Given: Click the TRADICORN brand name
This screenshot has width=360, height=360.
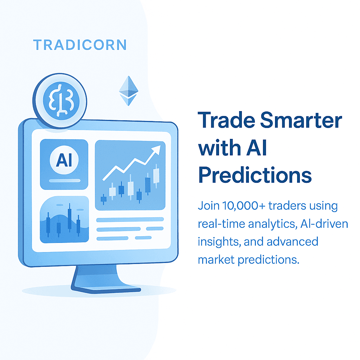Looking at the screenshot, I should click(80, 45).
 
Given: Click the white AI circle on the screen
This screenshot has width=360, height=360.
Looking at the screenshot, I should click(64, 160).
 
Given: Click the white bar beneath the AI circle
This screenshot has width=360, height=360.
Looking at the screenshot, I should click(64, 181).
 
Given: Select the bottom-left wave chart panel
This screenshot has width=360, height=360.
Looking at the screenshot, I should click(64, 219).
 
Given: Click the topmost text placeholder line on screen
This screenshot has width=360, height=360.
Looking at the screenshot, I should click(130, 220).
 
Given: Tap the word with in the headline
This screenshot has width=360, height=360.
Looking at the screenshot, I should click(217, 148).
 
